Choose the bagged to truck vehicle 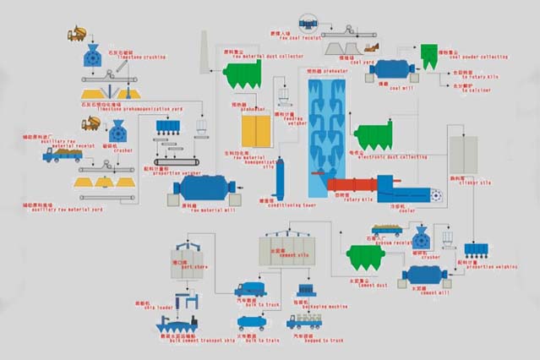tap(303, 321)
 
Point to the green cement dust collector tap(367, 259)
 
